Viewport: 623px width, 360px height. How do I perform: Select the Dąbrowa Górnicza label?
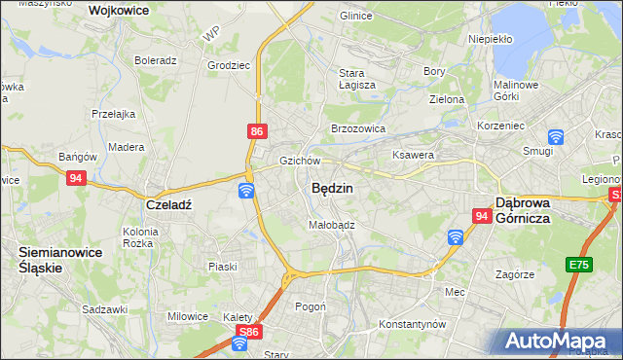(537, 210)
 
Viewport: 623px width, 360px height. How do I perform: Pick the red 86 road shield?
(256, 129)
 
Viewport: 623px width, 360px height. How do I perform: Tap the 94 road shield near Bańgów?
(77, 178)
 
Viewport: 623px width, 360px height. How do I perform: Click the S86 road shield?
(248, 332)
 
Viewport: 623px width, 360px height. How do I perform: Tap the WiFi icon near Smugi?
(556, 138)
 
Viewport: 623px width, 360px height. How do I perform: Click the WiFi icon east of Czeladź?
(246, 190)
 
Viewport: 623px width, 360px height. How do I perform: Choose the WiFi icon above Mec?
(455, 236)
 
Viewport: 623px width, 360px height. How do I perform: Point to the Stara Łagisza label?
(357, 79)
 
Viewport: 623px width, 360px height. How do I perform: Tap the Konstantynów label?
(412, 323)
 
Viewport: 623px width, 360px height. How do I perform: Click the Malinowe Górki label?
(517, 90)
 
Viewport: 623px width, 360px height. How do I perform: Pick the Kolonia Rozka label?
(147, 237)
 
